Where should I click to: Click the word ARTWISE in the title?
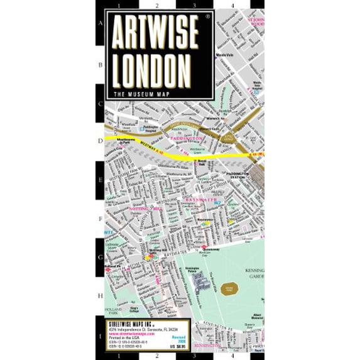point(160,38)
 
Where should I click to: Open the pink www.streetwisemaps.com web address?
point(126,333)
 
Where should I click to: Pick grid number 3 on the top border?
point(195,6)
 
